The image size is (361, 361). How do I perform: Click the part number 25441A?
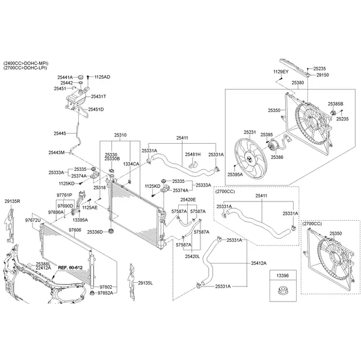coord(65,77)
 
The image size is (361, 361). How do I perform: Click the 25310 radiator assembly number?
coord(121,135)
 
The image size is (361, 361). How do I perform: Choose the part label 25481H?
coord(193,154)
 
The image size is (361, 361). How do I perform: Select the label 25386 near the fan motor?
coord(277,157)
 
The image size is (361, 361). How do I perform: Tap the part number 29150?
coord(322,75)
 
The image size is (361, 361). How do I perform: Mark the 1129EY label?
coord(281,72)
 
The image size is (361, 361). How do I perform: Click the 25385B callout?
coord(335,103)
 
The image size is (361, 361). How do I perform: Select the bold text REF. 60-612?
coord(70,267)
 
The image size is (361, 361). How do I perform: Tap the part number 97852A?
coord(110,293)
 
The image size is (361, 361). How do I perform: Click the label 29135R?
coord(12,202)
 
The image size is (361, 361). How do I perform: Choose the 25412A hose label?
coord(259,263)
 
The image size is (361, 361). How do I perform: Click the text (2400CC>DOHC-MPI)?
coord(26,63)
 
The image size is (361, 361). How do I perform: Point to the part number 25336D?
coord(94,232)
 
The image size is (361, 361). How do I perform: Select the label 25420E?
coord(188,199)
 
